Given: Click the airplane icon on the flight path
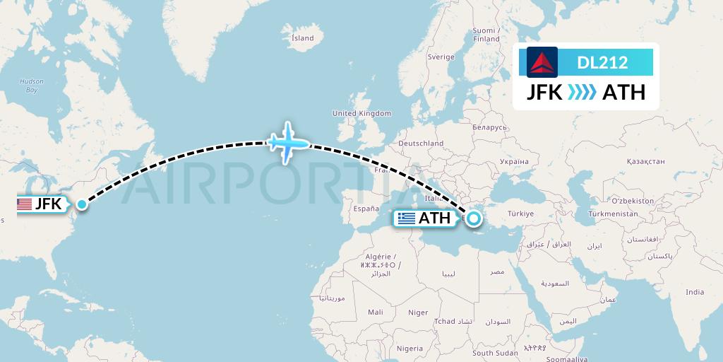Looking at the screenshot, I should (287, 143).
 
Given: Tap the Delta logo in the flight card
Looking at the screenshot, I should (542, 62).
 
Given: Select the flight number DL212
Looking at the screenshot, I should (602, 63).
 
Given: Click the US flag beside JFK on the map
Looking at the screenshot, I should (25, 204).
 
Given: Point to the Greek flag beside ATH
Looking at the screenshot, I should (407, 218).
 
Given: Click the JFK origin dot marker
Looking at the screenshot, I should (82, 204).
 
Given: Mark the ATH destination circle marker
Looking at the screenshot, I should (472, 218).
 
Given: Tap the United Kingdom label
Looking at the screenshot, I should (361, 113).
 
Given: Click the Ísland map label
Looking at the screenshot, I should (303, 38).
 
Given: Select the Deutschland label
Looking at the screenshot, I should (421, 143).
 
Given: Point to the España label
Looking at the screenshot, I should (366, 209).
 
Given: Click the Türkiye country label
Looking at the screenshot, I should (520, 214).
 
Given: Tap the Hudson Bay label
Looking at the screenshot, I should (32, 86).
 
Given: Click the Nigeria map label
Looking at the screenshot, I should (410, 349).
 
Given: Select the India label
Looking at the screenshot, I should (695, 292).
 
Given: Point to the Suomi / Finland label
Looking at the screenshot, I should (486, 35).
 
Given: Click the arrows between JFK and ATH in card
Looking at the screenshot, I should (582, 93).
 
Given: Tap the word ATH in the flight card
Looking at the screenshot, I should (623, 93).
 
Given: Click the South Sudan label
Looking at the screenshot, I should (495, 353).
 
